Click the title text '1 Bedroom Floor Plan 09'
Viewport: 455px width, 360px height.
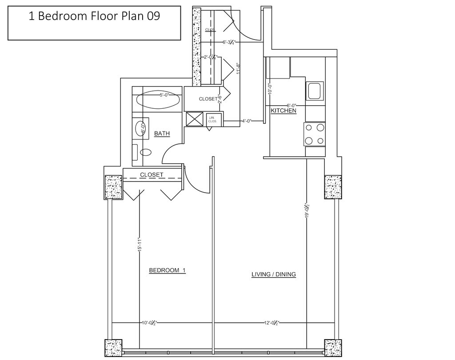pyautogui.click(x=94, y=16)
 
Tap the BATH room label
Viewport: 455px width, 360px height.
pyautogui.click(x=162, y=133)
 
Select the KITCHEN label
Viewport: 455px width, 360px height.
pyautogui.click(x=283, y=111)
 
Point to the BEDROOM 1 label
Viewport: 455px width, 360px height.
pyautogui.click(x=167, y=270)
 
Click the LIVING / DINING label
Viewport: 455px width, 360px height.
pyautogui.click(x=274, y=274)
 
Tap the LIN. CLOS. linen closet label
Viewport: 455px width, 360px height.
pyautogui.click(x=212, y=119)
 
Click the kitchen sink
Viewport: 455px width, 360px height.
pyautogui.click(x=315, y=91)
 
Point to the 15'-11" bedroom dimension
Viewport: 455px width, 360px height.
pyautogui.click(x=140, y=245)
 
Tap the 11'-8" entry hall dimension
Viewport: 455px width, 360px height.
pyautogui.click(x=239, y=68)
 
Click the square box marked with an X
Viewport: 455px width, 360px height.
pyautogui.click(x=194, y=119)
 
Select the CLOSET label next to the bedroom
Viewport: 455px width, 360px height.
pyautogui.click(x=152, y=175)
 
